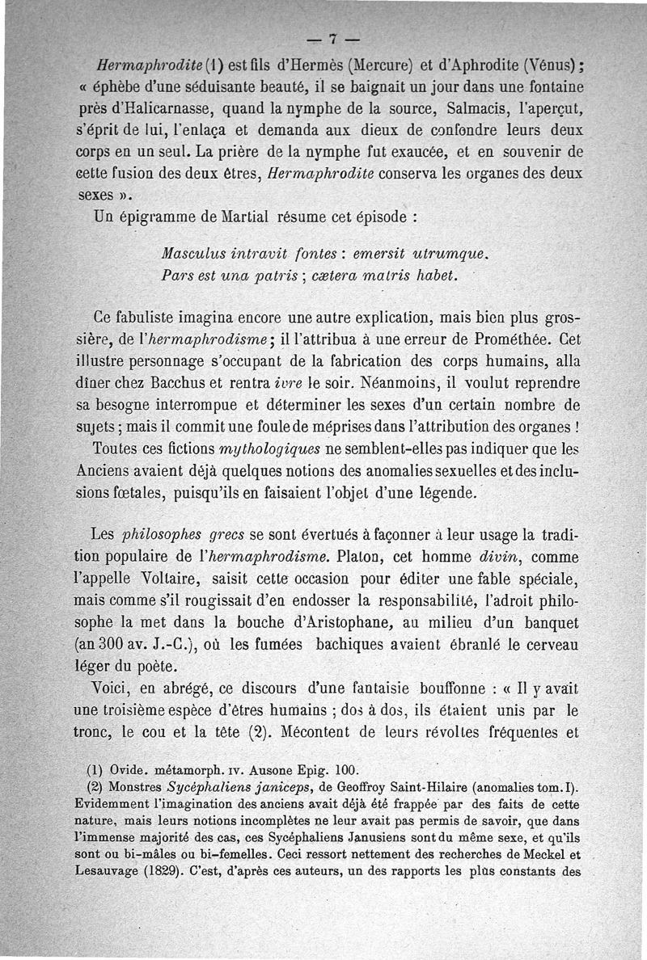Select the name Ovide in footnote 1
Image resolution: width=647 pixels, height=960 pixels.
(129, 770)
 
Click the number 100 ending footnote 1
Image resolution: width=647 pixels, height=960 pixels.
(346, 770)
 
